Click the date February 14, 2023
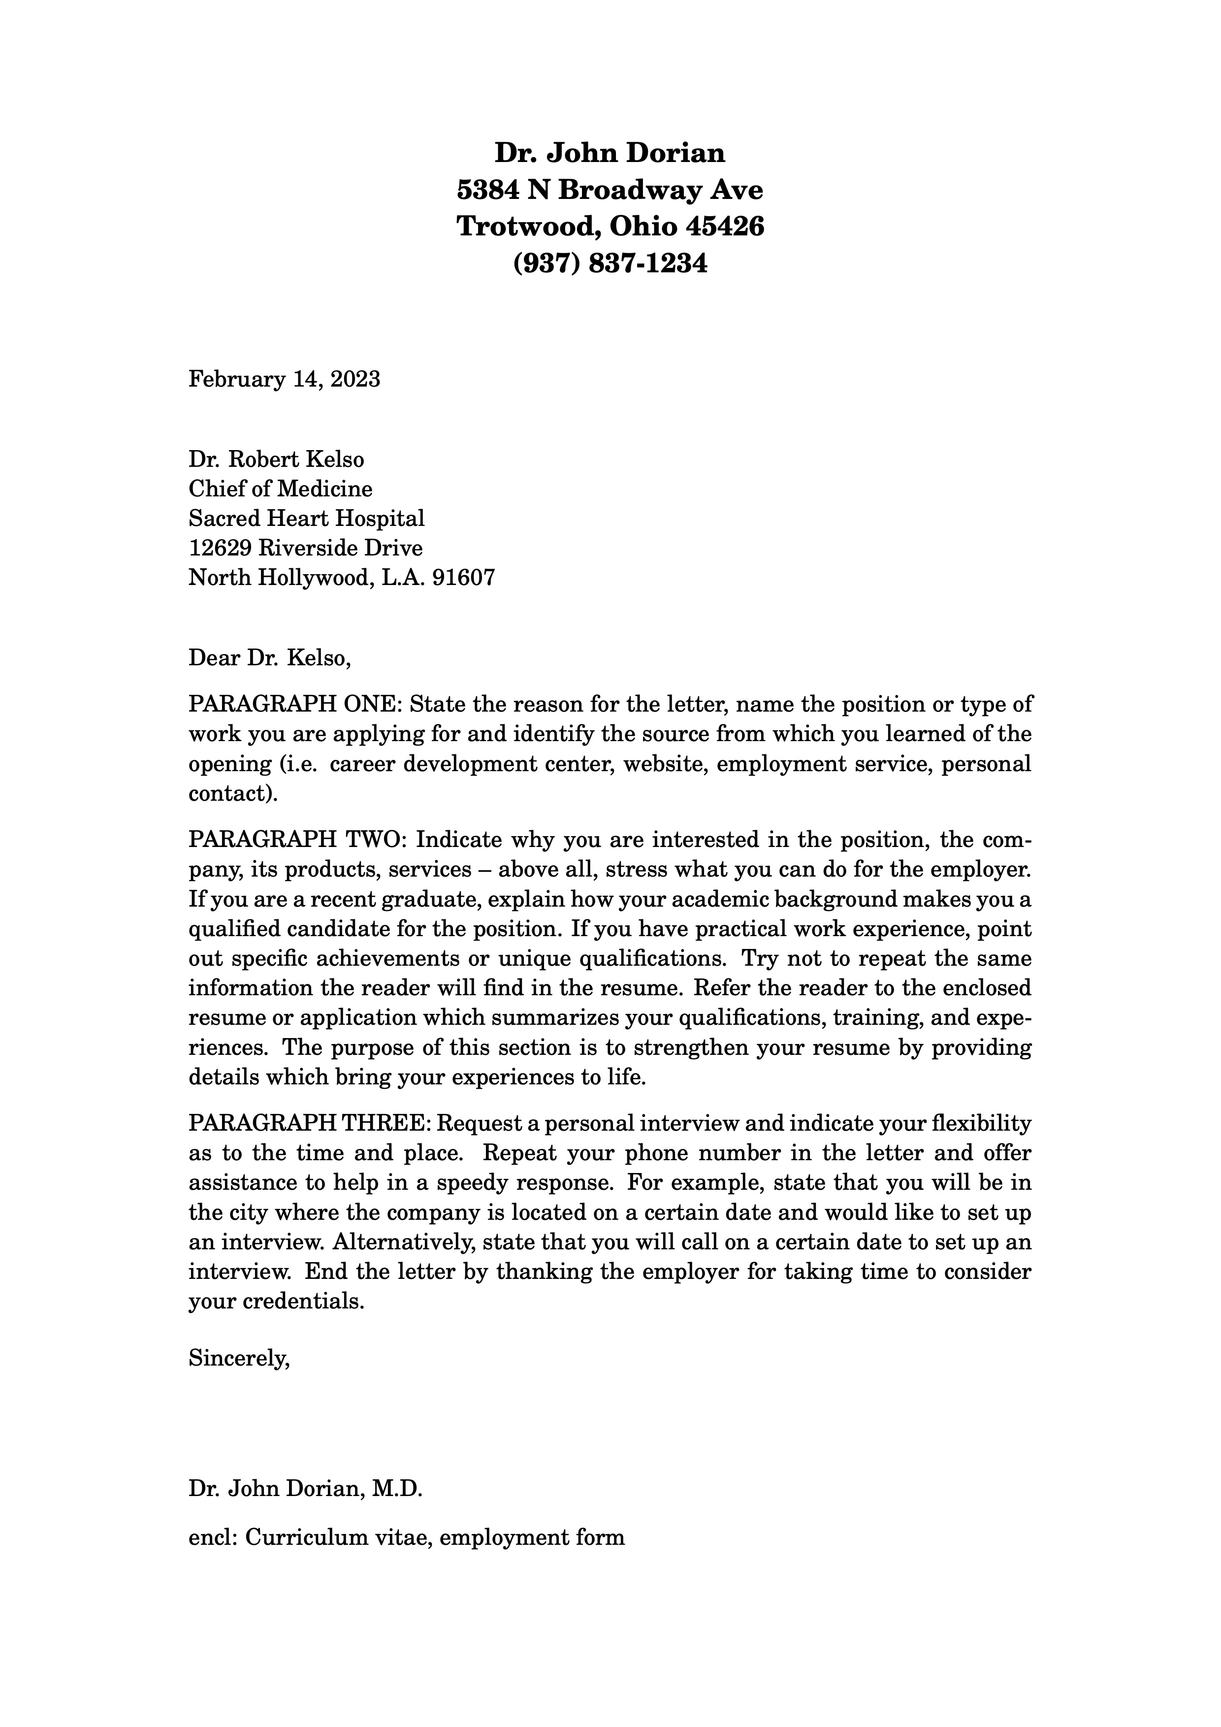coord(284,378)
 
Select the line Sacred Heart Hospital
coord(307,518)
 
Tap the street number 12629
coord(220,548)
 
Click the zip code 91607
coord(463,578)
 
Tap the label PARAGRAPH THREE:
coord(309,1124)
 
